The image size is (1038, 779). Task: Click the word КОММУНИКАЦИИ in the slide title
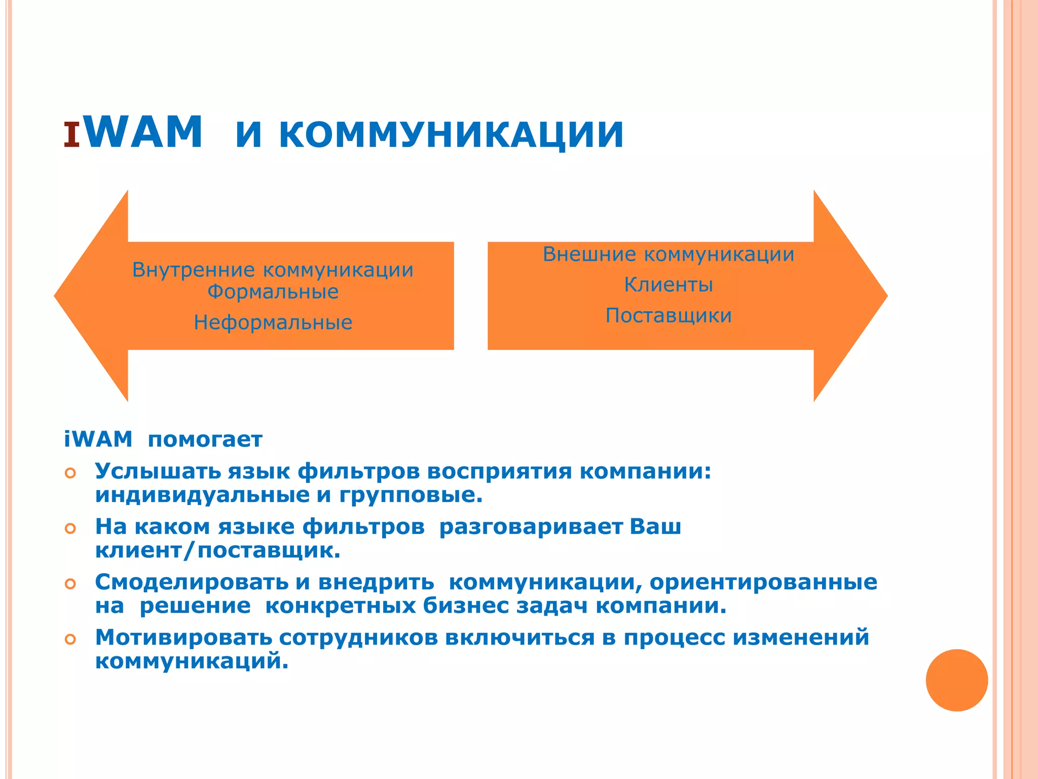point(451,134)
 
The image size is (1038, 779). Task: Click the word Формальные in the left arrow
point(273,292)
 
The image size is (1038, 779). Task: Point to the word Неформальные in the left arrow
point(273,323)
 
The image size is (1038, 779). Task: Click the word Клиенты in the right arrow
point(668,285)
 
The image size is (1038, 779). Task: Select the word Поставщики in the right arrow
point(668,315)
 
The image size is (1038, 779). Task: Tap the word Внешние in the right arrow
point(589,254)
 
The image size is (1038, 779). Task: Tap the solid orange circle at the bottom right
point(956,680)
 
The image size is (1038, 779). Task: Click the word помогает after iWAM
point(205,439)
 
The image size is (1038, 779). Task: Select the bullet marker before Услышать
point(70,473)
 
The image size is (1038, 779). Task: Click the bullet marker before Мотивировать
point(70,640)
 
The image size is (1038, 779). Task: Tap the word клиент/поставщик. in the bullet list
point(217,550)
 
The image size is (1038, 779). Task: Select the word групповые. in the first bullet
point(411,495)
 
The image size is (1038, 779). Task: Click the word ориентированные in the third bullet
point(763,582)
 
